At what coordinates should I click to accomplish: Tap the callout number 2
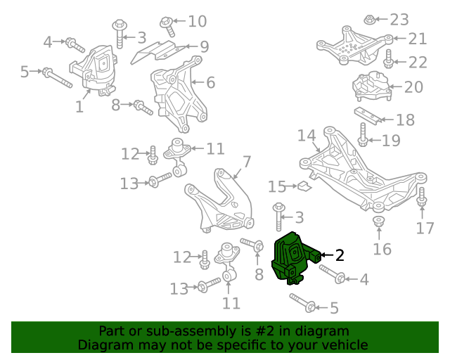pos(340,255)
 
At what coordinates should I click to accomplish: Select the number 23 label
pos(399,19)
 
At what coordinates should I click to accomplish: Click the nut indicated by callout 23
pos(371,19)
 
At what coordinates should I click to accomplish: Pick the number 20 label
pos(413,87)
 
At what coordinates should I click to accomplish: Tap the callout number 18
pos(406,120)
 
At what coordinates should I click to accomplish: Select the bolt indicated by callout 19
pos(363,136)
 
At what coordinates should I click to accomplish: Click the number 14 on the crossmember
pos(306,134)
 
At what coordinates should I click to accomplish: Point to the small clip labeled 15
pos(303,186)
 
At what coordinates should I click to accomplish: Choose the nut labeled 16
pos(378,224)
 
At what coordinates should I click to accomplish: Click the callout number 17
pos(425,228)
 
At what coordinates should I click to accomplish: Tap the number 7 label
pos(247,162)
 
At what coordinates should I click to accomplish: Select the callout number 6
pos(209,82)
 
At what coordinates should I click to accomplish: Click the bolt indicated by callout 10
pos(167,23)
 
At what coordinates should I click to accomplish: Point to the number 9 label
pos(204,47)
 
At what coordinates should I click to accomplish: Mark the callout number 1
pos(79,107)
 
